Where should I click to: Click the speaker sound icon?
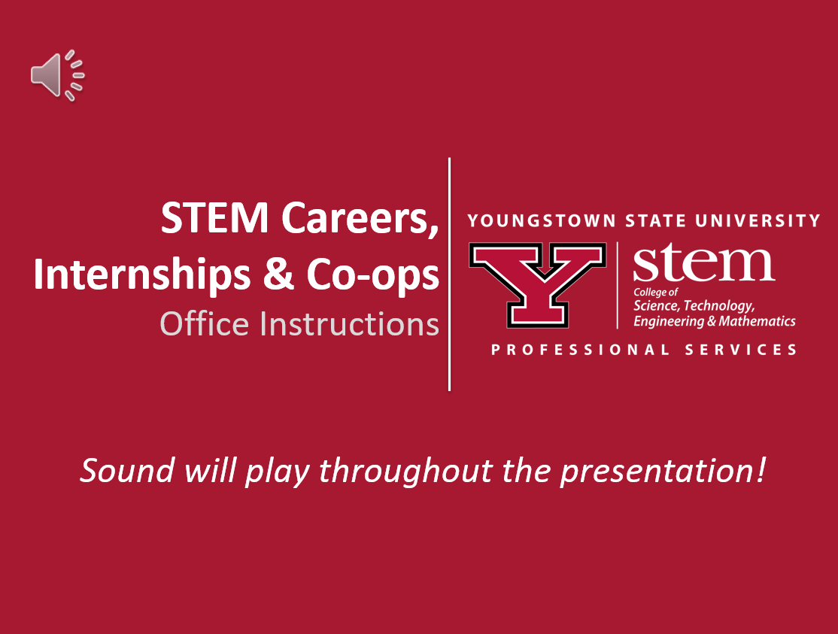[58, 75]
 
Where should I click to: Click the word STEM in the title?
[214, 218]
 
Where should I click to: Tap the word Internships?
[141, 275]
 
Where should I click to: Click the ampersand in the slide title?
[278, 275]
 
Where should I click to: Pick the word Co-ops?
[373, 276]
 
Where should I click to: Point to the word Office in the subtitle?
[205, 323]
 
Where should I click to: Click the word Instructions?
[350, 323]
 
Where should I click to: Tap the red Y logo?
[538, 285]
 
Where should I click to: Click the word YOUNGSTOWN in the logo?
[542, 220]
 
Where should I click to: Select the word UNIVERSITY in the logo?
[758, 220]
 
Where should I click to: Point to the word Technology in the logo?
[719, 305]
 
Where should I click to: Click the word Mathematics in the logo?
[757, 321]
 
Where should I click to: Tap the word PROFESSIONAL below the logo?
[580, 350]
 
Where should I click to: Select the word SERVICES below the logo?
[741, 350]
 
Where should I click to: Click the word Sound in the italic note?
[127, 471]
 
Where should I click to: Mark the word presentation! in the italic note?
[663, 472]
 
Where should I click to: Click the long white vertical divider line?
[449, 274]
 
